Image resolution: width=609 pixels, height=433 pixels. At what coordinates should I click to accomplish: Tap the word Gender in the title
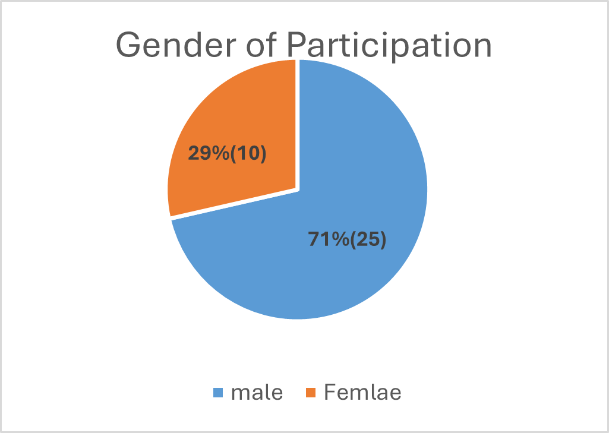(x=176, y=46)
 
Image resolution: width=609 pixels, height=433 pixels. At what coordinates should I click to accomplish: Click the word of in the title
(x=261, y=45)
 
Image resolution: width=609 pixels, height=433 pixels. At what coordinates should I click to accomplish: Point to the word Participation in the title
(x=389, y=46)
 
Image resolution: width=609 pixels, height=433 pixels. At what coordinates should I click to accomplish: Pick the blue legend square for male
(x=218, y=393)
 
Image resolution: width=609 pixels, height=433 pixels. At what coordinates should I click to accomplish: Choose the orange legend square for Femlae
(x=311, y=393)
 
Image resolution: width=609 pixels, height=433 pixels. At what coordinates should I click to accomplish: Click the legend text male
(x=257, y=392)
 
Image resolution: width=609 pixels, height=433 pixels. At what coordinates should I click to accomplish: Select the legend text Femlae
(x=362, y=392)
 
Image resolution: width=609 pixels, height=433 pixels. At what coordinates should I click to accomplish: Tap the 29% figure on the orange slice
(x=209, y=153)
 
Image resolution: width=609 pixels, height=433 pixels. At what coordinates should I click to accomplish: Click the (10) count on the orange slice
(x=248, y=154)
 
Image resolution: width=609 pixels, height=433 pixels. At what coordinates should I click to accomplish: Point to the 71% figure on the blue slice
(x=329, y=239)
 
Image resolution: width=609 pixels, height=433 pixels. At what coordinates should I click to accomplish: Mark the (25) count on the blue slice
(x=368, y=239)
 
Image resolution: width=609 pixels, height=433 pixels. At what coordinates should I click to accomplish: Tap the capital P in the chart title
(x=297, y=45)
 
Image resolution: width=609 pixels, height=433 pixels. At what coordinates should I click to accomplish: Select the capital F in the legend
(x=330, y=392)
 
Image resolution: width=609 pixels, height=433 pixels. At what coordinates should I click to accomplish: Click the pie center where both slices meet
(x=298, y=189)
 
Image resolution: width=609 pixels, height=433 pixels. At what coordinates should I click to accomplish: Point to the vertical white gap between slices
(x=298, y=124)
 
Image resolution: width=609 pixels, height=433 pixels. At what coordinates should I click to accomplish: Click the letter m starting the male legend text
(x=239, y=394)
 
